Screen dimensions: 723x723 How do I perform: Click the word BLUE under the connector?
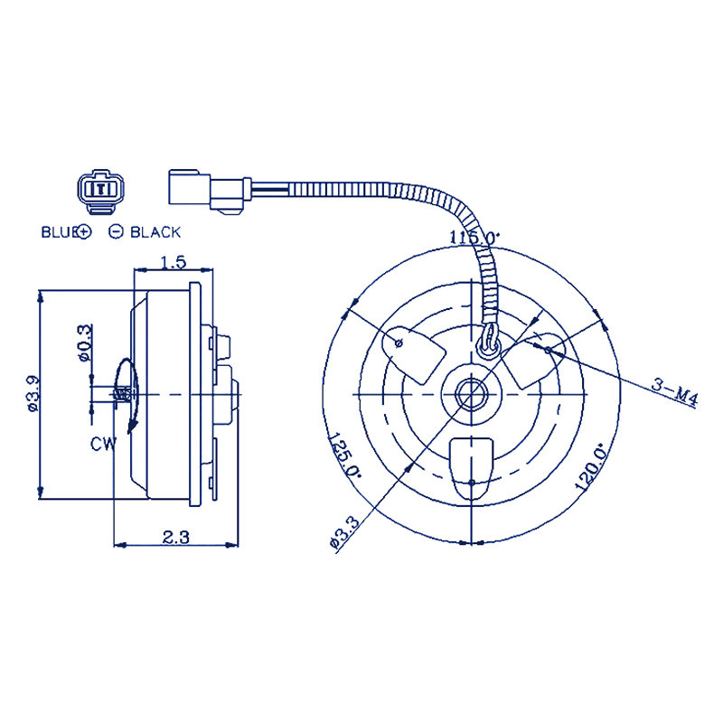(61, 232)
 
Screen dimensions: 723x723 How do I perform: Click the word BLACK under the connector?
(155, 232)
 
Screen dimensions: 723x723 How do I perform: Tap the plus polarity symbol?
(85, 232)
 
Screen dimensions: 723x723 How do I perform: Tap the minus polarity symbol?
(116, 232)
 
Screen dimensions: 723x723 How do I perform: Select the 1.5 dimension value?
(173, 262)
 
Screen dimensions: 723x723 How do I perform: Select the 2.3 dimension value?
(176, 537)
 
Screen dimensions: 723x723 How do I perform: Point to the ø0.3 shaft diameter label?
(84, 343)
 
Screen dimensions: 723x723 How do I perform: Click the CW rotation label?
(103, 444)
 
